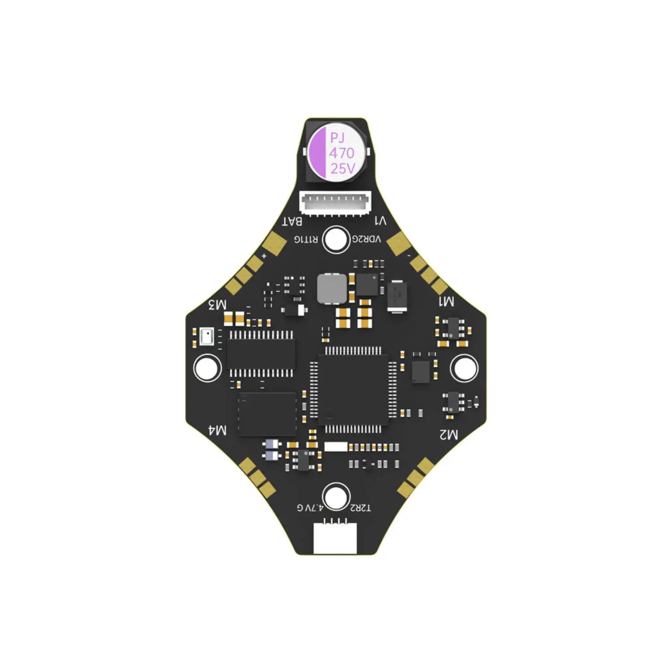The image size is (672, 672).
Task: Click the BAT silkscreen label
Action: click(292, 221)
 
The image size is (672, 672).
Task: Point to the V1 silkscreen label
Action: click(380, 221)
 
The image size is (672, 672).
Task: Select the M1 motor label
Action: click(446, 302)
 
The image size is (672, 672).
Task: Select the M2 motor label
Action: click(448, 434)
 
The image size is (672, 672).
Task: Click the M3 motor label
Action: click(218, 305)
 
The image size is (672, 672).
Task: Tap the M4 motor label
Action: click(218, 431)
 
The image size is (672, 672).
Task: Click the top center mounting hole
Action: click(336, 239)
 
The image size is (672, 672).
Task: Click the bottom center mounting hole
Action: click(336, 497)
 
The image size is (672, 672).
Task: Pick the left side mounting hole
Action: click(207, 368)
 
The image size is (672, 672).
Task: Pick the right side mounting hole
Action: click(464, 368)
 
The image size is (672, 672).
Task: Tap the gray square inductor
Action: click(332, 289)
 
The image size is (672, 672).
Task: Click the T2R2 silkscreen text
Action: click(361, 508)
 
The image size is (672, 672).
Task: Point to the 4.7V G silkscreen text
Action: click(310, 508)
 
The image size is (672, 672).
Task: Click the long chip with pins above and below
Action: click(261, 354)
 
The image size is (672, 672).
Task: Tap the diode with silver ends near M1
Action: click(396, 296)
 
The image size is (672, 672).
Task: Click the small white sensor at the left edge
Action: click(207, 336)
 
